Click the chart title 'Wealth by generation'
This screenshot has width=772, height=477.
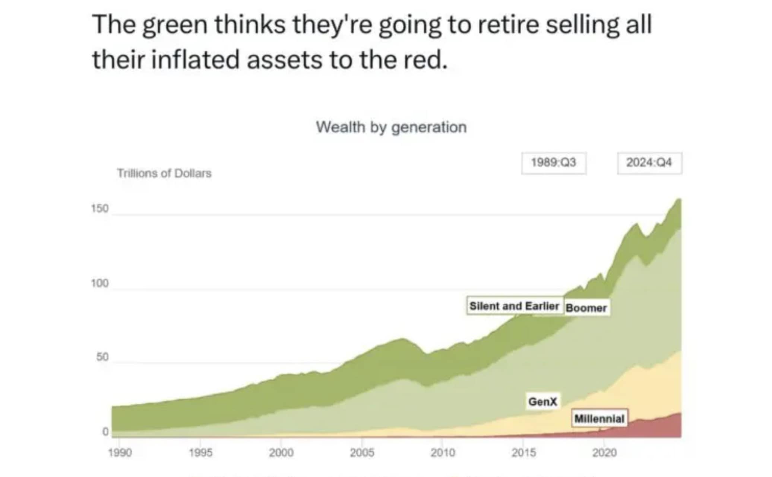click(391, 127)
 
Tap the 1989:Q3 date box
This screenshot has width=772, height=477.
click(554, 163)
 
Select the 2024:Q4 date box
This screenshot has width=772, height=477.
click(649, 163)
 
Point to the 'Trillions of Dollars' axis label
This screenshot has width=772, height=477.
click(164, 173)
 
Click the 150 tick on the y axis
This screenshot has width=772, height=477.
click(100, 209)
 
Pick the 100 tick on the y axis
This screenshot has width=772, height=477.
click(100, 284)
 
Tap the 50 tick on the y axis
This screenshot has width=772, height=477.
click(102, 357)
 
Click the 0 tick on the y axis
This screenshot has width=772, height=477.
click(105, 432)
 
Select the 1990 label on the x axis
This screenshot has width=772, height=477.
click(120, 452)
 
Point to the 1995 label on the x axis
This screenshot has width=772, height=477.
click(200, 452)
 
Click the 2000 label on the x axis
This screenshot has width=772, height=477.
click(281, 452)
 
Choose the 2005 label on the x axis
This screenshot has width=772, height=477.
click(362, 452)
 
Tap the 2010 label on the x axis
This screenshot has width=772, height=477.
click(443, 452)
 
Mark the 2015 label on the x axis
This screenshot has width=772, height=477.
click(523, 452)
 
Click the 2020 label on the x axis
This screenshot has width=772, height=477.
click(604, 452)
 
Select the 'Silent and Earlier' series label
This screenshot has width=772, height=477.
click(515, 306)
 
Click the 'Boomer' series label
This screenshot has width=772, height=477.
click(586, 308)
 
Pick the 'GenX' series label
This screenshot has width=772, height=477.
click(543, 401)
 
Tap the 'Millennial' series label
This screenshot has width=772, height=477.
click(599, 419)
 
